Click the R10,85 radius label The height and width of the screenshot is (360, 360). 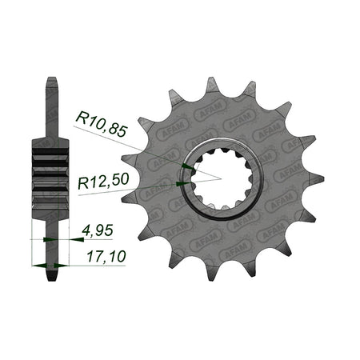(x=101, y=124)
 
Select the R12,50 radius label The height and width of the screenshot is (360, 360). (x=104, y=181)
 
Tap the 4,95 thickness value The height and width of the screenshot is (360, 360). (x=98, y=230)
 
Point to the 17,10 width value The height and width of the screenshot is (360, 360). (x=106, y=257)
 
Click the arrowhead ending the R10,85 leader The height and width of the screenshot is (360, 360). (x=189, y=167)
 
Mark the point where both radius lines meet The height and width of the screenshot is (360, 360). (x=222, y=179)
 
